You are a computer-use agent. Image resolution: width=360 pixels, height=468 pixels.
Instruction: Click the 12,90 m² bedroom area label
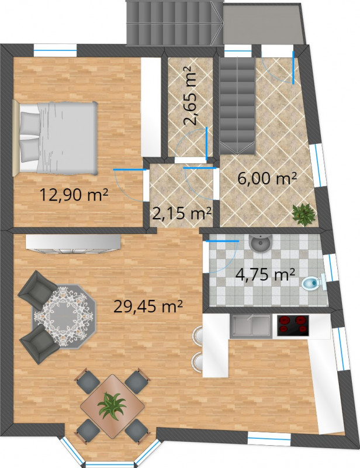(74, 195)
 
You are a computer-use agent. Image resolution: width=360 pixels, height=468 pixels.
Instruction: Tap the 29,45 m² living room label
(148, 305)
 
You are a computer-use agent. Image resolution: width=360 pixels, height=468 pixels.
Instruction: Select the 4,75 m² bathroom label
(265, 274)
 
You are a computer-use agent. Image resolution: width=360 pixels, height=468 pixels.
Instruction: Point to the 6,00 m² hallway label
(267, 178)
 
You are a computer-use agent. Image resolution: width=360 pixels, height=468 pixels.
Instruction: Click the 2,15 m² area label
(182, 213)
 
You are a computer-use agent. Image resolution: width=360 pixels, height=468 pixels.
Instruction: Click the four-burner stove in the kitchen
(293, 325)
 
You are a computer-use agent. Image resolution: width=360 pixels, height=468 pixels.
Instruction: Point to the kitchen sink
(251, 325)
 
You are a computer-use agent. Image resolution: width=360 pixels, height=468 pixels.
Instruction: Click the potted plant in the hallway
(303, 214)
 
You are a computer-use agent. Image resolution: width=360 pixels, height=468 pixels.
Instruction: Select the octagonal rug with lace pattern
(64, 316)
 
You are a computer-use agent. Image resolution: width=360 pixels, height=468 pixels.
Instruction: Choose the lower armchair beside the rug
(40, 344)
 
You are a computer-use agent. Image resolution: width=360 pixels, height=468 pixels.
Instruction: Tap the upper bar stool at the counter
(198, 337)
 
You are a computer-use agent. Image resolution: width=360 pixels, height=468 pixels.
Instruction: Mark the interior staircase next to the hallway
(237, 106)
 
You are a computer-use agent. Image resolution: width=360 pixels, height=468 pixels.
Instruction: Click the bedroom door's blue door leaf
(130, 170)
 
